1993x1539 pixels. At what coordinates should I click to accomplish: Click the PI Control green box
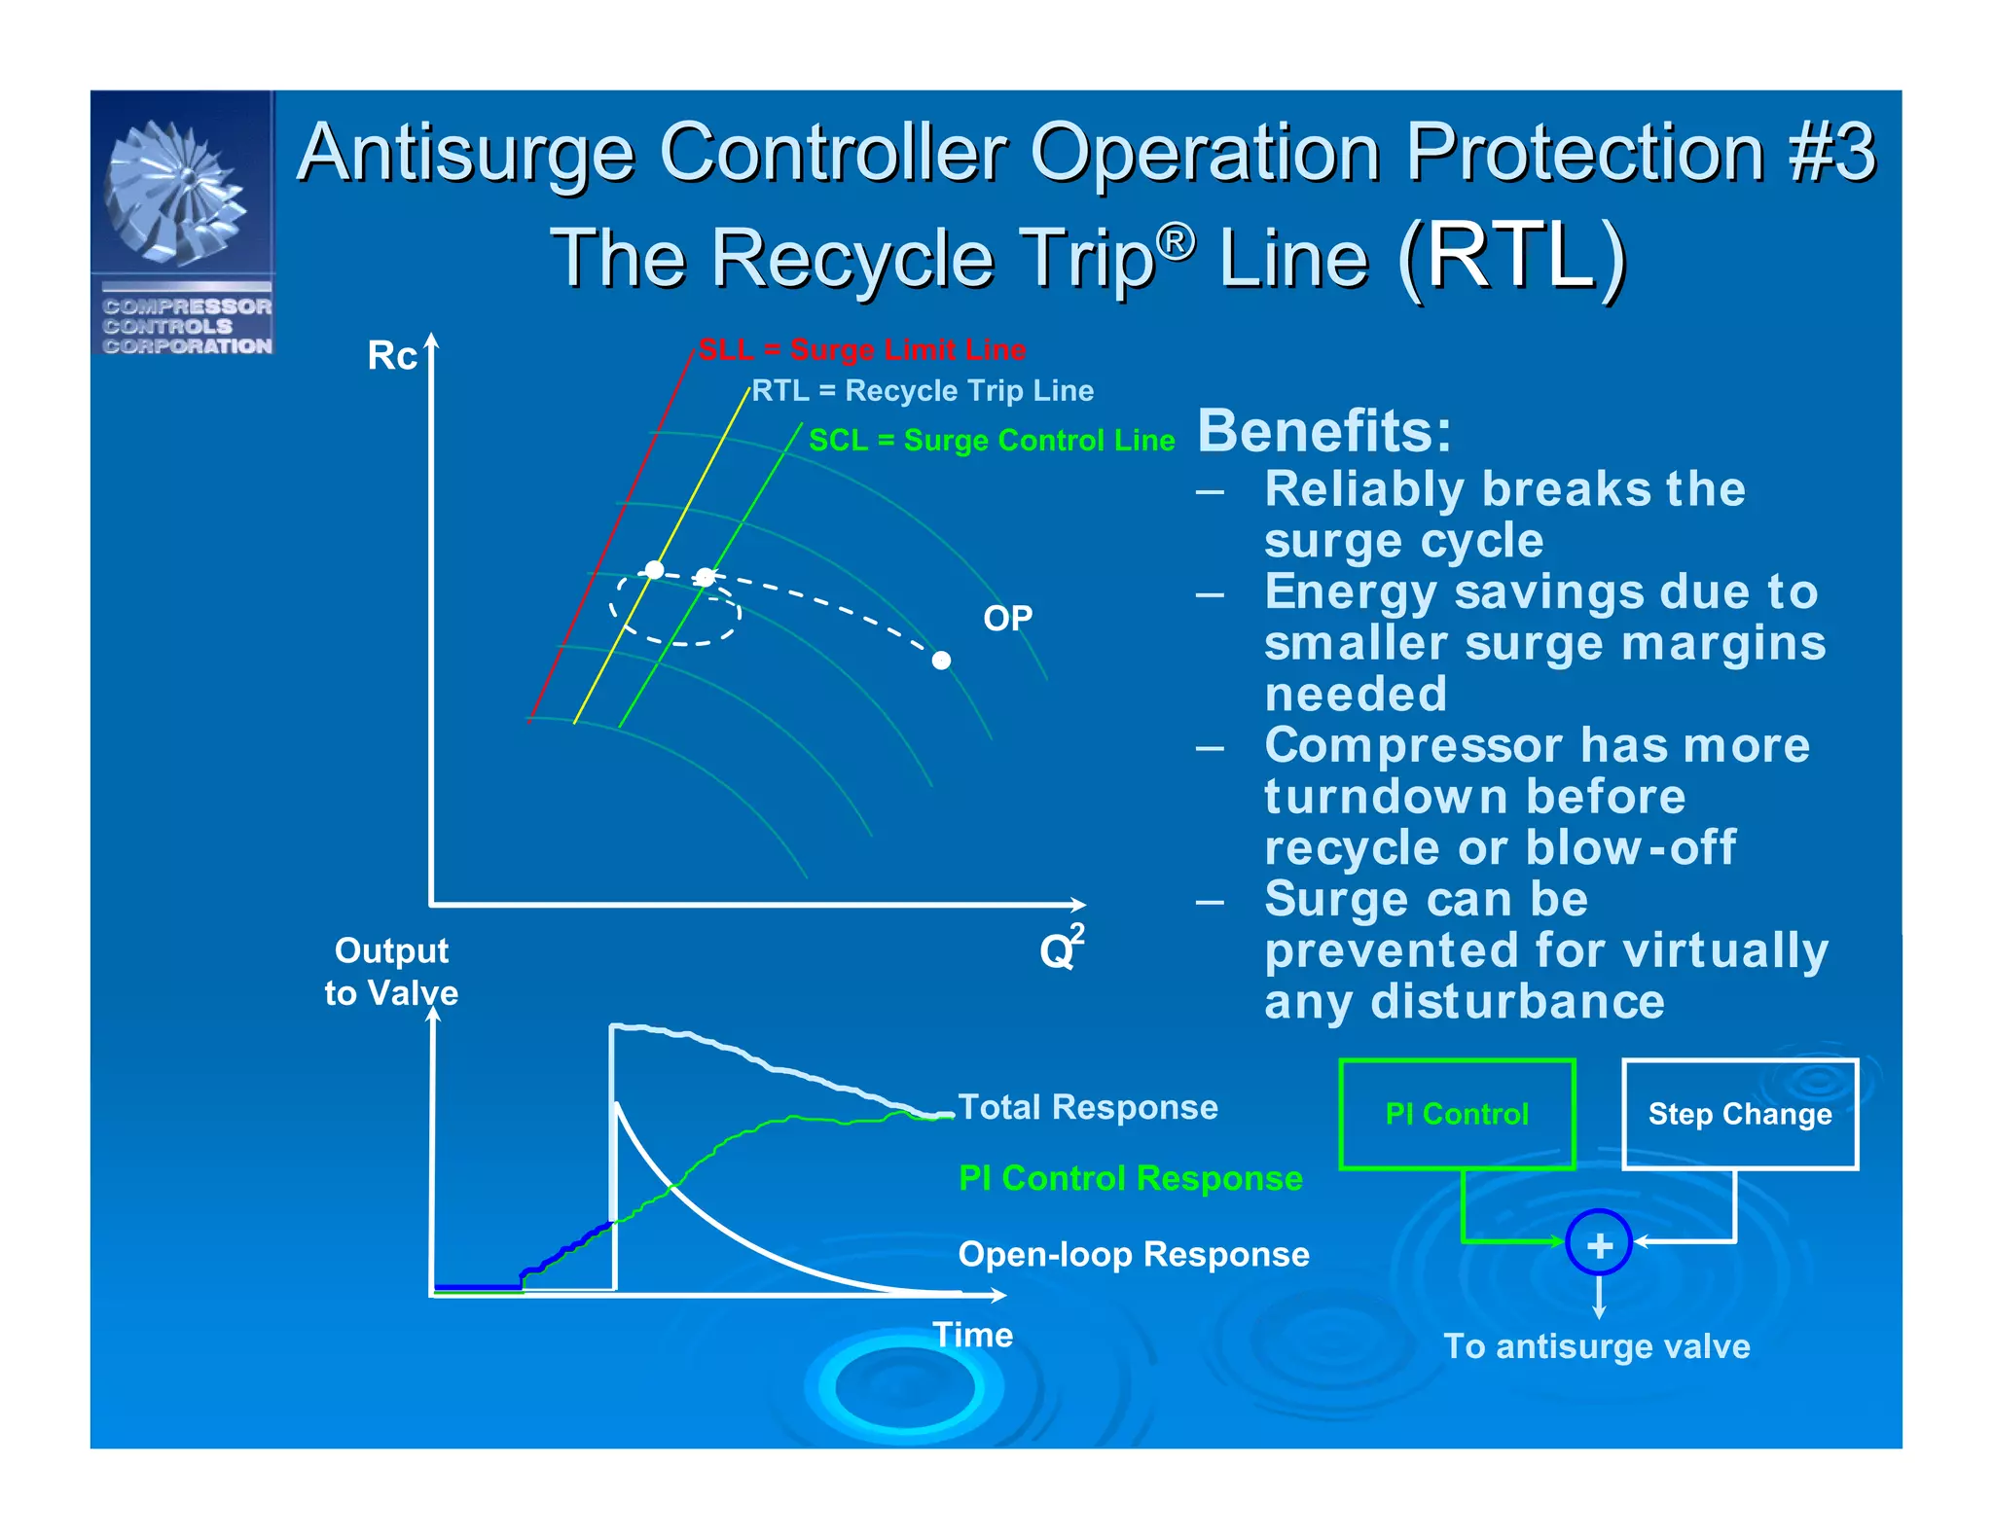coord(1456,1113)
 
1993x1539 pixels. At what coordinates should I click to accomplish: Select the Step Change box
coord(1739,1113)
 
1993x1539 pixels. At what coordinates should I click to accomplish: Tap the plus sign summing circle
coord(1599,1243)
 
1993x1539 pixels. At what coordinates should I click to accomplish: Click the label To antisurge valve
coord(1596,1346)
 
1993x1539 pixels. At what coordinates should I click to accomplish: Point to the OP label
coord(1007,619)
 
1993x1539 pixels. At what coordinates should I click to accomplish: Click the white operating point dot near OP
coord(941,661)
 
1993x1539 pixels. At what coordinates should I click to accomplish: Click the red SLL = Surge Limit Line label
coord(862,349)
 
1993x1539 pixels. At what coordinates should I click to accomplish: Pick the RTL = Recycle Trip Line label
coord(923,391)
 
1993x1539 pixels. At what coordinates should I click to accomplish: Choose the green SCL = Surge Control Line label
coord(992,441)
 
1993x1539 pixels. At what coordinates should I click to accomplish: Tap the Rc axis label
coord(391,356)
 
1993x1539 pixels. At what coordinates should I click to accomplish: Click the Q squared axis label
coord(1060,948)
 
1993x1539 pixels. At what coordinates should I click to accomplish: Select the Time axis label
coord(972,1335)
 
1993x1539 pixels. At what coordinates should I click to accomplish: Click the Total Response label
coord(1087,1107)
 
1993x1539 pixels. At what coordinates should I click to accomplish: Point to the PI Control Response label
coord(1130,1178)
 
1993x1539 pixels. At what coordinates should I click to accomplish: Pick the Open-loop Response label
coord(1133,1254)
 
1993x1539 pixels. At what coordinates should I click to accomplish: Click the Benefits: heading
coord(1323,431)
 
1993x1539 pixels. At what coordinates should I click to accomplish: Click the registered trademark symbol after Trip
coord(1177,241)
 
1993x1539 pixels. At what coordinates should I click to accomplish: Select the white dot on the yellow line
coord(655,569)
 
